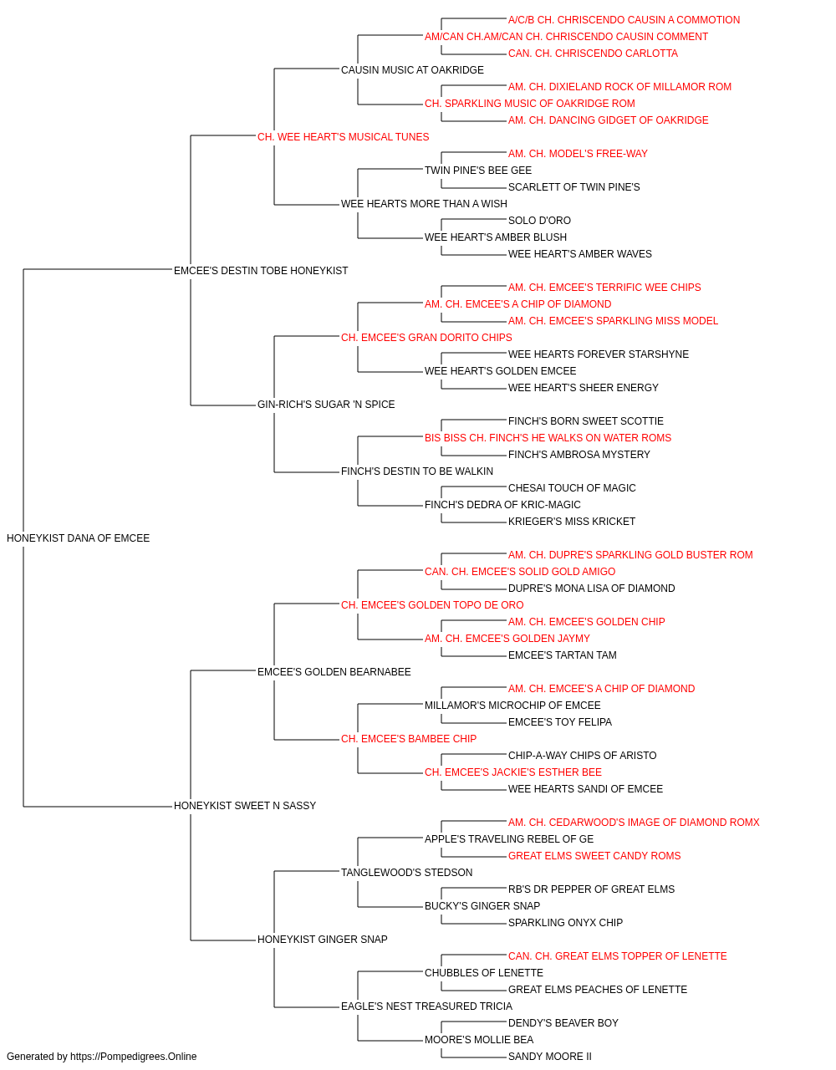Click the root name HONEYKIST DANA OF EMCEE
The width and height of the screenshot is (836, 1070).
78,538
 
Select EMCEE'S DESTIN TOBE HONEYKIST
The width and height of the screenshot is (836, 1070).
261,271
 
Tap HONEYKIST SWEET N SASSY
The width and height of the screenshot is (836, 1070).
245,806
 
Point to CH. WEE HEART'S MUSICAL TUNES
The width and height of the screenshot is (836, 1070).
343,137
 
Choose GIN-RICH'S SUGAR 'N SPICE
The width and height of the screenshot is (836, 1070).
326,405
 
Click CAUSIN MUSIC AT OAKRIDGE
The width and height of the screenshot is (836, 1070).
412,70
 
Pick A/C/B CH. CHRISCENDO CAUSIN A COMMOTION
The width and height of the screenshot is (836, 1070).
624,20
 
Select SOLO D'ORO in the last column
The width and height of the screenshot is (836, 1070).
539,221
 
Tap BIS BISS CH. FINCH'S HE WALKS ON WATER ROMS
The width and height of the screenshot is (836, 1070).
548,438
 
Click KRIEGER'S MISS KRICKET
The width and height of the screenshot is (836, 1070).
572,522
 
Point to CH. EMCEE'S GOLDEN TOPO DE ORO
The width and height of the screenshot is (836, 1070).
432,604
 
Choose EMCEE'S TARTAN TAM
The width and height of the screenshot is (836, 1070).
563,655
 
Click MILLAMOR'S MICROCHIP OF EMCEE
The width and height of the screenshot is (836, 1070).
512,706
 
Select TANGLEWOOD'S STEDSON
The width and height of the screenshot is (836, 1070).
406,873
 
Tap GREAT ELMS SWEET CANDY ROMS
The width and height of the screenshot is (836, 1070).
594,856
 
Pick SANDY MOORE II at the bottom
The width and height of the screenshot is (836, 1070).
550,1057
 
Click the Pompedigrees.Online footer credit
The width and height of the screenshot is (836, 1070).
101,1057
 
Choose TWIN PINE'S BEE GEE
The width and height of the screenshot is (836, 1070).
478,171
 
